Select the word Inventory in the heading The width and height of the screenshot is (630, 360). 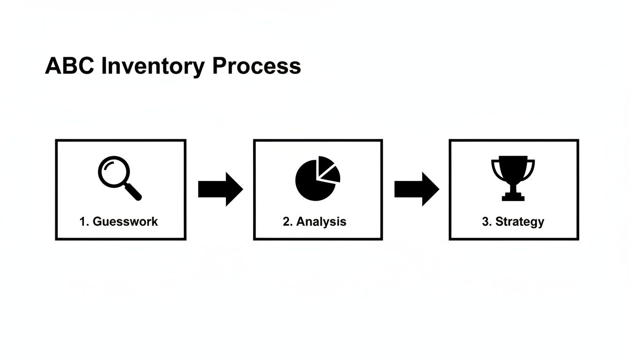tap(153, 67)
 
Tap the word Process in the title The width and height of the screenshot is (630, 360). tap(256, 66)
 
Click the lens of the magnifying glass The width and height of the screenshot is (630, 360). tap(112, 171)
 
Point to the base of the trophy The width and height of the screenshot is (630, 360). tap(513, 197)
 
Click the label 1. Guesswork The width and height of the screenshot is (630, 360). tap(119, 222)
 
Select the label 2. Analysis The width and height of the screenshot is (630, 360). tap(315, 222)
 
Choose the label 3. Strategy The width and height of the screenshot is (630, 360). tap(513, 222)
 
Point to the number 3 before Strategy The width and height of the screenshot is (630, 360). tap(485, 222)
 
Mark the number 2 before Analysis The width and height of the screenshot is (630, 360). tap(286, 222)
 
